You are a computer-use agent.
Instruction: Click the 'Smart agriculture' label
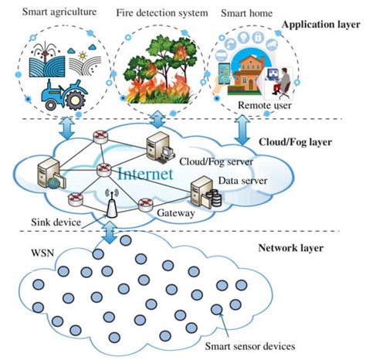pyautogui.click(x=49, y=13)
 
